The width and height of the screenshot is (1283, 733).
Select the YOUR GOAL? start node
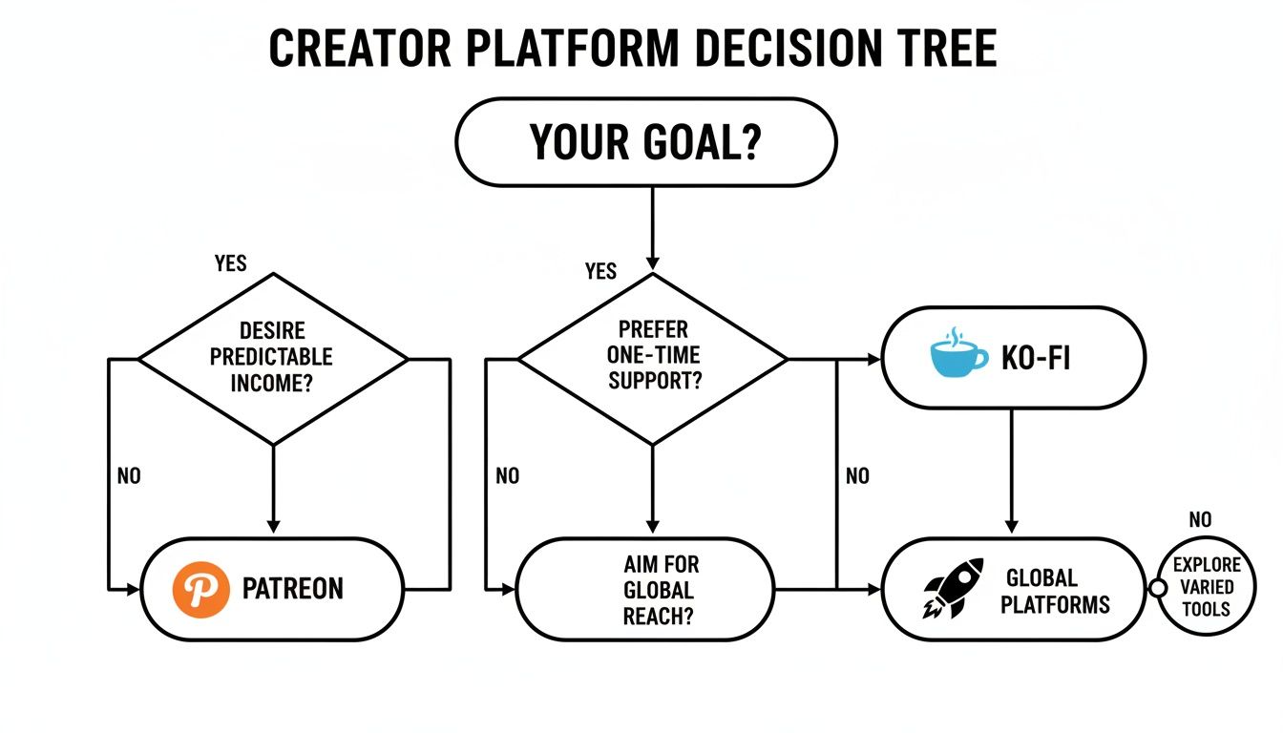click(x=646, y=142)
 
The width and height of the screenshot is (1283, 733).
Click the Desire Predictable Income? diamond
click(x=273, y=358)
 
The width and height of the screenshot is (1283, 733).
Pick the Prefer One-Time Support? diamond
click(x=652, y=358)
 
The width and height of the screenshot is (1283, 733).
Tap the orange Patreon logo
click(x=200, y=589)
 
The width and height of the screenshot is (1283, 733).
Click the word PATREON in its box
click(x=292, y=589)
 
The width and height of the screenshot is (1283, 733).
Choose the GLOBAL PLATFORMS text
click(x=1055, y=591)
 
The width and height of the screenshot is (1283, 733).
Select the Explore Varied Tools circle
click(x=1207, y=586)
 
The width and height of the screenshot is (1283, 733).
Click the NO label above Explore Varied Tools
click(x=1200, y=520)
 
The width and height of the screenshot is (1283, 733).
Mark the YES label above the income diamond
click(x=231, y=262)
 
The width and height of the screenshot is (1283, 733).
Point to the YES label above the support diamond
click(x=600, y=272)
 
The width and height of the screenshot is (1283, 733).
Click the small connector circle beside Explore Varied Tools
click(x=1158, y=588)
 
